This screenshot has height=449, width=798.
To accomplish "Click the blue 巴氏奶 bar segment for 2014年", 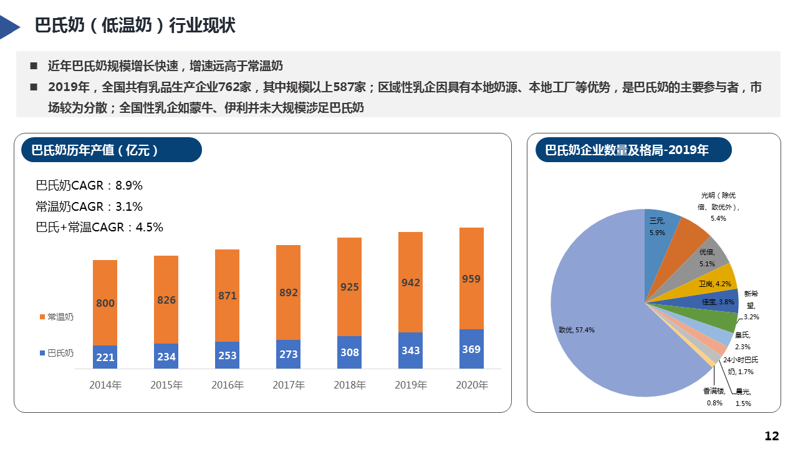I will point(105,357).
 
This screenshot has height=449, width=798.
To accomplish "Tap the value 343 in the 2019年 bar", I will point(411,350).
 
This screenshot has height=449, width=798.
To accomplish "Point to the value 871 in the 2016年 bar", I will point(228,296).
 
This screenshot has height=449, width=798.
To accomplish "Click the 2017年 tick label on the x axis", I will point(289,385).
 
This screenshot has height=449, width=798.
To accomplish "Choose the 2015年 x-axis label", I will point(166,385).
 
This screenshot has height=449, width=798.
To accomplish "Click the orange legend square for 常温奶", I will point(42,317).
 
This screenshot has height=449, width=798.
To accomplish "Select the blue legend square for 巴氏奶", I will point(42,353).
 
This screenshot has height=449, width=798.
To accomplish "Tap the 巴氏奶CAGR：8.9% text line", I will point(89,185).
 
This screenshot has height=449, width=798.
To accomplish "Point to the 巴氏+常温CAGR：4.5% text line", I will point(100,227).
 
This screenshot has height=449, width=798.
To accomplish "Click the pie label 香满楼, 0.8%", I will point(714,397).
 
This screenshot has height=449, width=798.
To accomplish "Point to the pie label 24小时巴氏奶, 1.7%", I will point(741,365).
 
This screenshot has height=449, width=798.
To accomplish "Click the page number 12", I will point(772,436).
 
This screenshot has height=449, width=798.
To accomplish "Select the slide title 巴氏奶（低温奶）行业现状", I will point(135,26).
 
